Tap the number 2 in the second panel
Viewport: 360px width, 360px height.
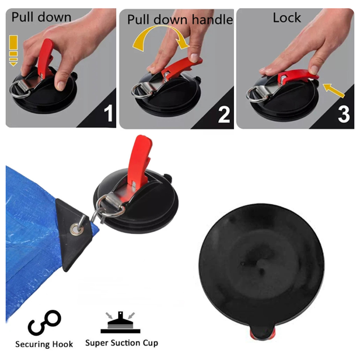224,114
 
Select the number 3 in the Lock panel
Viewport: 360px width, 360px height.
344,114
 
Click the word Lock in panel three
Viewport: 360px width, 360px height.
287,18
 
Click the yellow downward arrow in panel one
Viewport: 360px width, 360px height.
13,51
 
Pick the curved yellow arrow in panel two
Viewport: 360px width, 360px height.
161,37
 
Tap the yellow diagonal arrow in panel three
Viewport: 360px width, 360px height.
334,90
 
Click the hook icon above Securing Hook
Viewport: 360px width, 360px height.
44,323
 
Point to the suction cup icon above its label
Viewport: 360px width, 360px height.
120,322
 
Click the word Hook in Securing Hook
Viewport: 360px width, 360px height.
63,344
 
